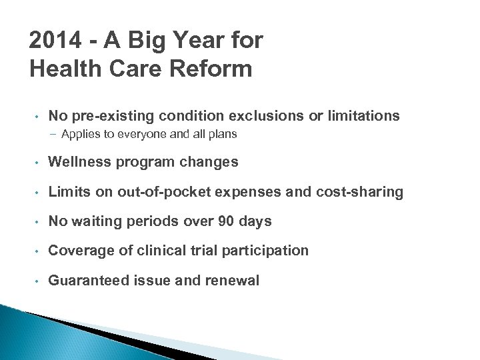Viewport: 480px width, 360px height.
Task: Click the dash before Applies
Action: click(53, 135)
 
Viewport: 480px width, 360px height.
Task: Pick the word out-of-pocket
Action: click(161, 192)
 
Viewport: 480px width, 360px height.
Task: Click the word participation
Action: click(270, 251)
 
